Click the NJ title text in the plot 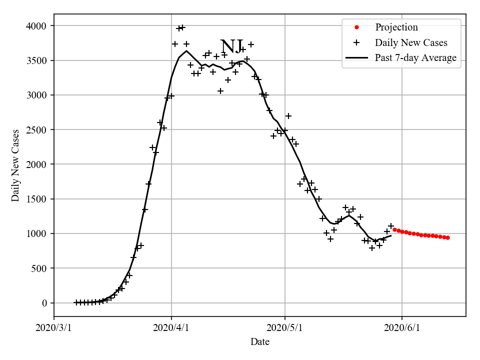tap(231, 46)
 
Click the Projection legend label tap(396, 27)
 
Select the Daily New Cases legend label tap(410, 42)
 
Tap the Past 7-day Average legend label tap(415, 58)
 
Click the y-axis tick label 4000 tap(37, 26)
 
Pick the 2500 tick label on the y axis tap(37, 130)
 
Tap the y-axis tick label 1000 tap(37, 233)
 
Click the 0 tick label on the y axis tap(44, 303)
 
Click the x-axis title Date tap(260, 342)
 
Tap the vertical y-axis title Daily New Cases tap(15, 165)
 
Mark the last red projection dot tap(447, 237)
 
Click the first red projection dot tap(394, 230)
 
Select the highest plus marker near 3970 tap(182, 27)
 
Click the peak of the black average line tap(186, 50)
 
